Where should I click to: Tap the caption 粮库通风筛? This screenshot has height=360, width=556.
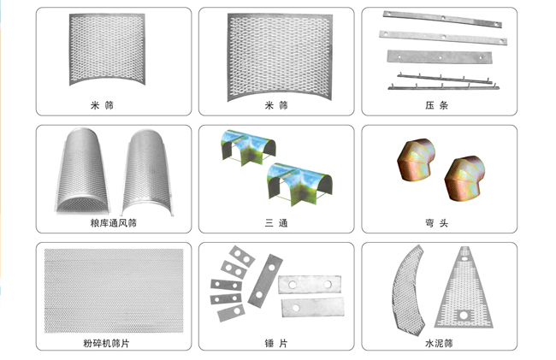pos(114,223)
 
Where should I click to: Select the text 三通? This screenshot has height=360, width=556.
pos(276,223)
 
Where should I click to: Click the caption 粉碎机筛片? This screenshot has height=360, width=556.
pos(106,343)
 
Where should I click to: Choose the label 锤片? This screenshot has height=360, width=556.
pos(276,343)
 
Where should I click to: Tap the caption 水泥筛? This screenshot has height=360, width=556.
pos(439,343)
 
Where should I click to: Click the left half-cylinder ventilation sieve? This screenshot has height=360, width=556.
pos(82,171)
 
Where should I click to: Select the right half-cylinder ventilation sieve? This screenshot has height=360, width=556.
pos(147,173)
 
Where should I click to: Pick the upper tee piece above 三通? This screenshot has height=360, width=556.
pos(248,147)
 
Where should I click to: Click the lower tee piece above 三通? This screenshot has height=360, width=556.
pos(299,183)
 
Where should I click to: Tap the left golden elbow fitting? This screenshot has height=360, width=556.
pos(417,160)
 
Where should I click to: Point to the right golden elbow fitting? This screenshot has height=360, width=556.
pos(464,178)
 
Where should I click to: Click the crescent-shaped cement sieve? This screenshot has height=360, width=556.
pos(409,290)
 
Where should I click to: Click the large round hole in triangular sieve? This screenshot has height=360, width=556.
pos(464,315)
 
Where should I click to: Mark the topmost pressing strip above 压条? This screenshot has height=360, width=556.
pos(442,19)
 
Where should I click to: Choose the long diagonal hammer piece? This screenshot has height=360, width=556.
pos(265,280)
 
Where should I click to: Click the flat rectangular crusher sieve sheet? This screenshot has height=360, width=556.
pos(114,291)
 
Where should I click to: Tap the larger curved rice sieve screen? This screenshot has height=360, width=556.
pos(280,56)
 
